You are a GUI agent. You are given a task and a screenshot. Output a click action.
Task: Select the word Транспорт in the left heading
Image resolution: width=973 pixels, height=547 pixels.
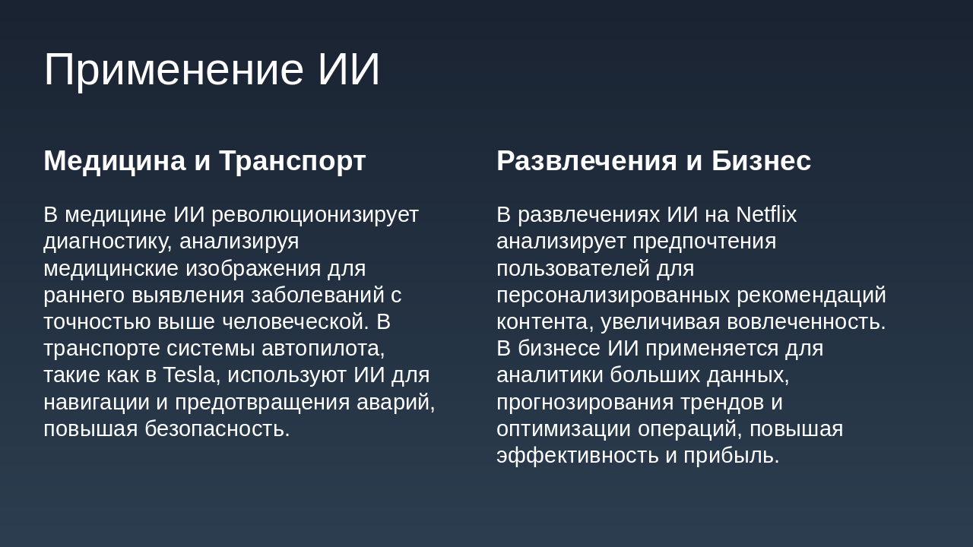click(x=292, y=161)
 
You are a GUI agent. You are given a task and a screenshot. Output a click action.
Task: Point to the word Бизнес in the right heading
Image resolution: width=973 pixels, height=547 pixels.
click(x=761, y=161)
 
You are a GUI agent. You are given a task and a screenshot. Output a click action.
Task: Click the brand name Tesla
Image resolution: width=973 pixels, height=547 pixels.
click(x=189, y=375)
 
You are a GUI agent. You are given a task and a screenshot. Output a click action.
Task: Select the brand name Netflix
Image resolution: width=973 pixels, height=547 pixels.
click(x=766, y=215)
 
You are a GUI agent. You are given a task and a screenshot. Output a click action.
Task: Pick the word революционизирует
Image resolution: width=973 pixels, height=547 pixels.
click(x=315, y=215)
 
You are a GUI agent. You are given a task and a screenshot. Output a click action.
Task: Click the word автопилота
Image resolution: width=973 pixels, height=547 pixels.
click(x=323, y=349)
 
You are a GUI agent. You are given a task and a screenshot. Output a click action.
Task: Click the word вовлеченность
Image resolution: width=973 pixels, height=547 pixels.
click(x=806, y=322)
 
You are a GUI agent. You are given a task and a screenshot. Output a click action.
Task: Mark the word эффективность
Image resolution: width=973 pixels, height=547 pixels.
click(x=578, y=456)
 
